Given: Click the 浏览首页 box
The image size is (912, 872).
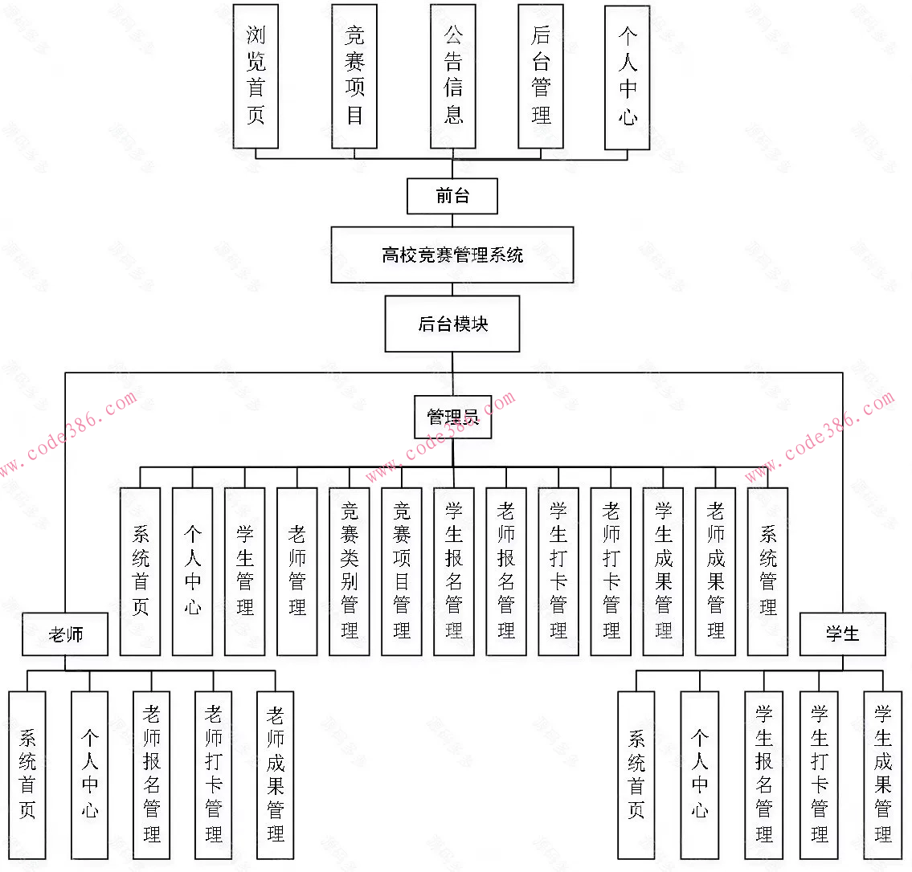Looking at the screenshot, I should pos(256,75).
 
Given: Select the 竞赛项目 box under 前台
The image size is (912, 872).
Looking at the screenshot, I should pos(354,75).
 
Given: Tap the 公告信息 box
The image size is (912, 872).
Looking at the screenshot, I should pos(453,75).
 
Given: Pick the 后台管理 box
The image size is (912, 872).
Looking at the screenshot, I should pos(541,75).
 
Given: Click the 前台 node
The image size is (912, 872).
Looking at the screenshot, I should pos(452,196).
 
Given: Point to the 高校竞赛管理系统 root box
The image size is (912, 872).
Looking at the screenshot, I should pos(452,255).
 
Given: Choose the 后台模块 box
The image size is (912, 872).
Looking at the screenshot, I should pos(452,324).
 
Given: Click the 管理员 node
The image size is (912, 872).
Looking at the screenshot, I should pos(452,417).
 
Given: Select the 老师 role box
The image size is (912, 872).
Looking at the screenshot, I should pos(65,635).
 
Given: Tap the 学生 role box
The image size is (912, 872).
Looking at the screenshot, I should pos(843,634).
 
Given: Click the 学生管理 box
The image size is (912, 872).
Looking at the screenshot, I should pos(245,571).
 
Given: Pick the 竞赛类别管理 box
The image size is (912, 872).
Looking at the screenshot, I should pos(350,571).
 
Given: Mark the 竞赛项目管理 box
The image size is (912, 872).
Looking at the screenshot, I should pos(402,571).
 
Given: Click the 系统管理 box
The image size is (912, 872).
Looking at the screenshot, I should pos(768,571).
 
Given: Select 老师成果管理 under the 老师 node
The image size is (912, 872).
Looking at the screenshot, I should pos(276,775).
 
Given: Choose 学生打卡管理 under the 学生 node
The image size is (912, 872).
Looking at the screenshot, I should pos(820,775).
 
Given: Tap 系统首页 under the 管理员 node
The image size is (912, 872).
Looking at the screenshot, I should pos(141,571).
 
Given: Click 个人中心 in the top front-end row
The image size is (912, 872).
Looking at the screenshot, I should pos(628,75).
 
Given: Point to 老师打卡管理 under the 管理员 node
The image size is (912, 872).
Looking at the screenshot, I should pos(611,571).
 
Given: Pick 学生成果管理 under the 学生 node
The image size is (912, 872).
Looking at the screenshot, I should pos(883,775).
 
